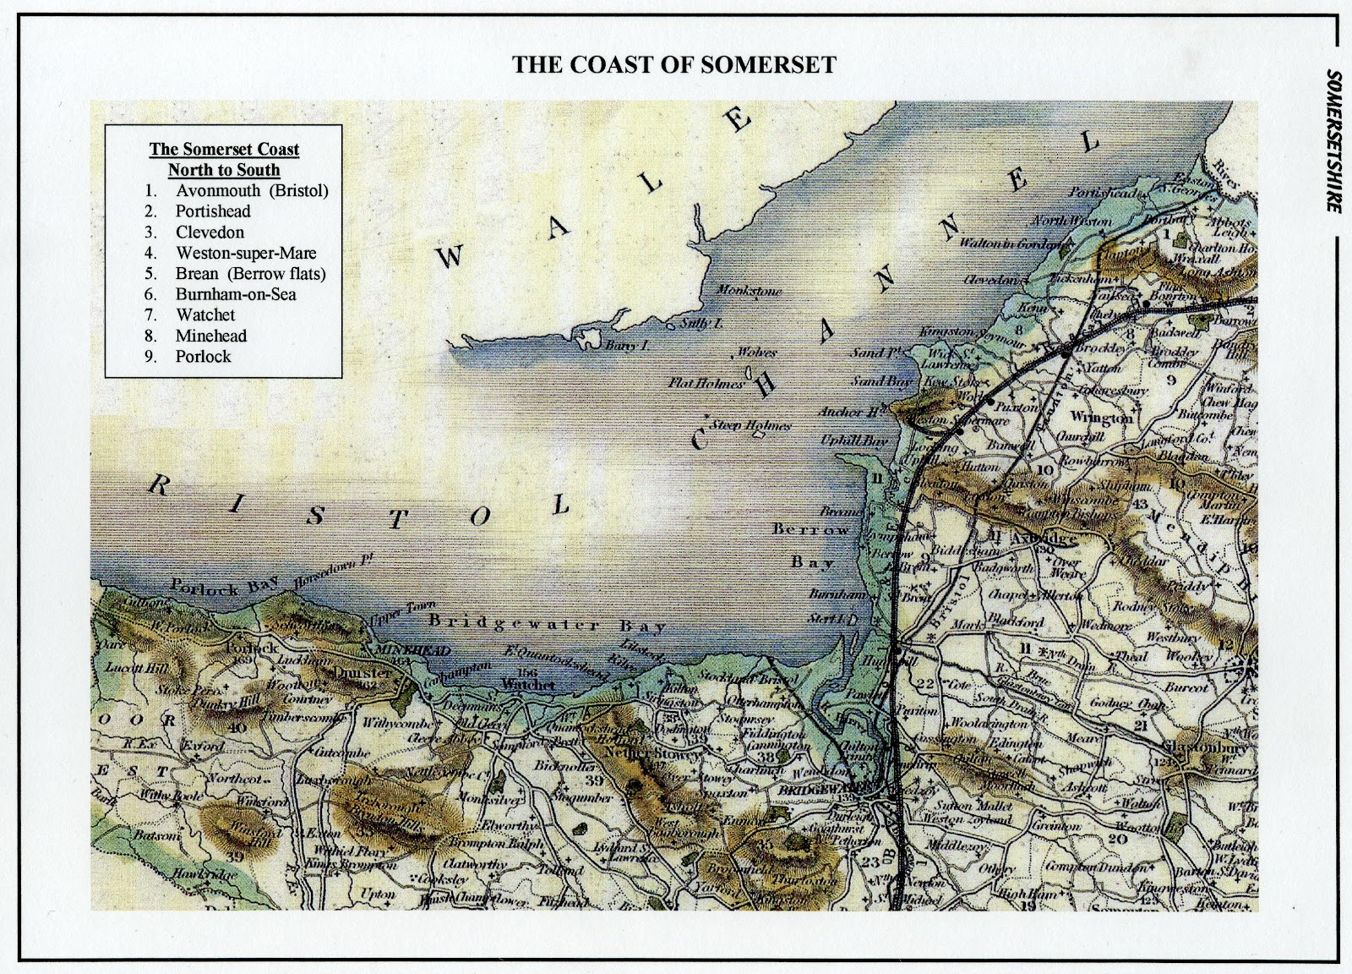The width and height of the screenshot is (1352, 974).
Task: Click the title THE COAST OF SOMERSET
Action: tap(674, 65)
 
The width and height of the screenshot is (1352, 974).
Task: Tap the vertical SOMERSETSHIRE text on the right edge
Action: tap(1334, 140)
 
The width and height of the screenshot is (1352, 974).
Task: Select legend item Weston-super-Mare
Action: tap(246, 253)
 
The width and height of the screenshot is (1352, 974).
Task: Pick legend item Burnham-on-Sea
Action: tap(236, 294)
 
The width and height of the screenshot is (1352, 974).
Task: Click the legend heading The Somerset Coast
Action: tap(224, 150)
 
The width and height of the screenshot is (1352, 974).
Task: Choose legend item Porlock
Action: tap(203, 356)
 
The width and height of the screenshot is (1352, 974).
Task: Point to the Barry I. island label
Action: tap(632, 345)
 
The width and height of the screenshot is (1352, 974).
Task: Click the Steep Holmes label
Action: tap(751, 425)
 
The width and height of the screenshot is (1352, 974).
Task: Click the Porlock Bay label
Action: tap(218, 587)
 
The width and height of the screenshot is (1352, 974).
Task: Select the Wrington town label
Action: tap(1101, 418)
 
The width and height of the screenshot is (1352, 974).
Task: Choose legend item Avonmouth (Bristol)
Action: tap(252, 190)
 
